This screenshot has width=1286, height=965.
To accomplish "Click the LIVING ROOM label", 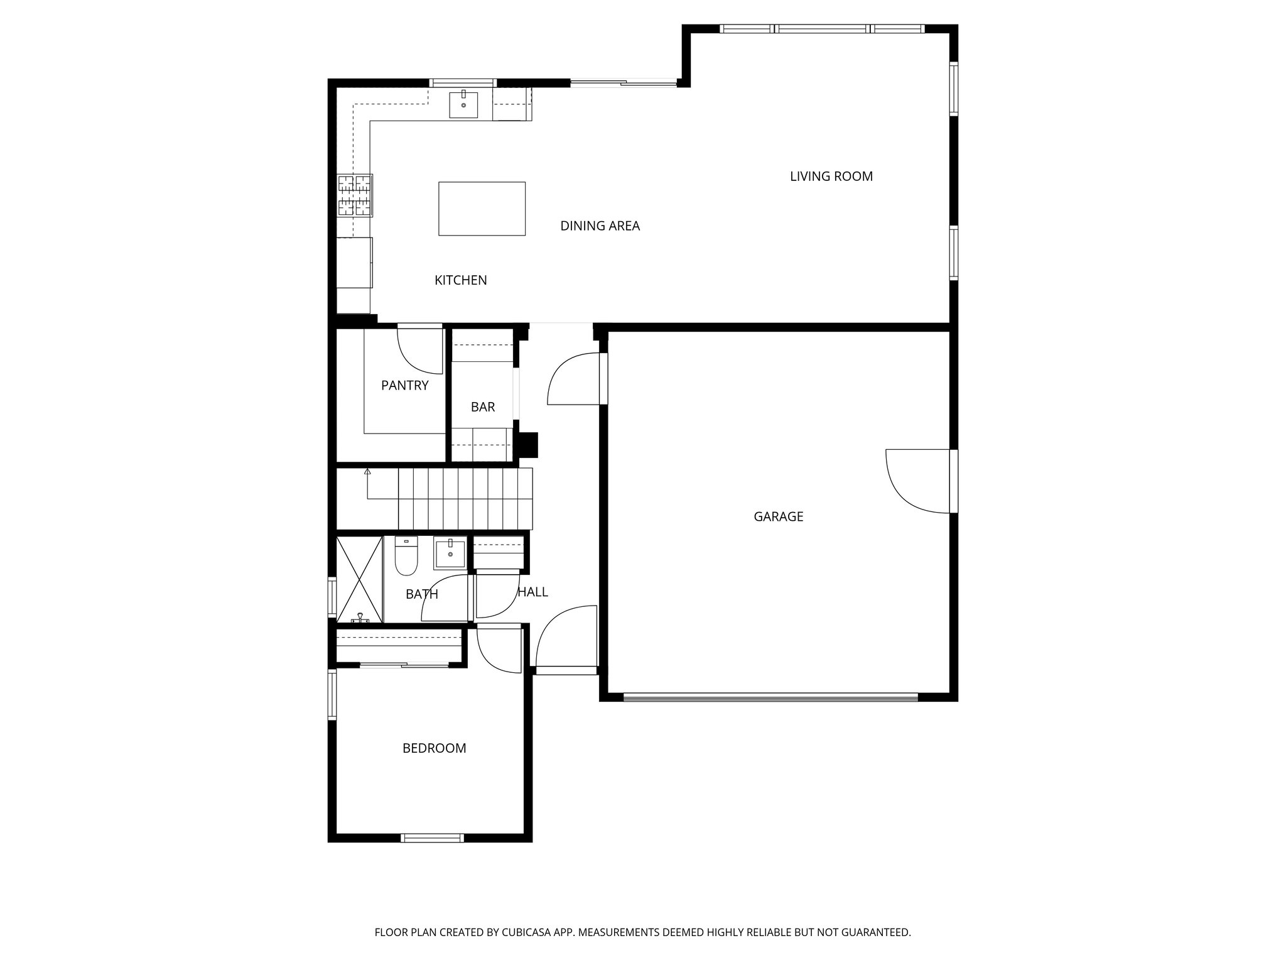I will coord(831,177).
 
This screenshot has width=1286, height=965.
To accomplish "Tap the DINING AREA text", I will coord(600,226).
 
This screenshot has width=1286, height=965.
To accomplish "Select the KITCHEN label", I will coord(460,280).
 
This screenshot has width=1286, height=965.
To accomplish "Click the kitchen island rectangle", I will coord(482,209).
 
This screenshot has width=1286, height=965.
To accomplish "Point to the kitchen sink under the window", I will coord(463,105).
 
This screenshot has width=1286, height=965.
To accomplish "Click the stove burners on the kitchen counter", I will coord(355,194).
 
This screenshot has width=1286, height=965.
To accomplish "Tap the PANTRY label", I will coord(404,386).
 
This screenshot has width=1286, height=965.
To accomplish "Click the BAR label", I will coord(482,407).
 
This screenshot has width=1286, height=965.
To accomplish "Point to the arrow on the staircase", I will coord(367,472).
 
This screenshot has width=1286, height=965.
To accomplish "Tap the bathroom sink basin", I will coord(450,554).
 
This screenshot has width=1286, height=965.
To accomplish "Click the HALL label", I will coord(532,592).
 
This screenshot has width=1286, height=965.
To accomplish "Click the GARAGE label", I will coord(778,516).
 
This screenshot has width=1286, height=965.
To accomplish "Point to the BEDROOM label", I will coord(434,748).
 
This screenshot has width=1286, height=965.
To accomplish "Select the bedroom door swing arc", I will coord(496,653).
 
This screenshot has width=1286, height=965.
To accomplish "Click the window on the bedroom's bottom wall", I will coord(432,837).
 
